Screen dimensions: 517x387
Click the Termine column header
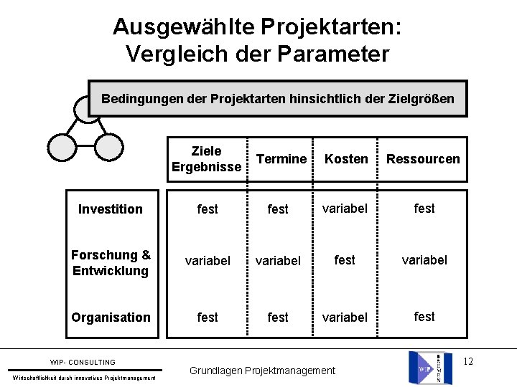(x=281, y=159)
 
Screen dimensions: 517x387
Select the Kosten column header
(x=346, y=159)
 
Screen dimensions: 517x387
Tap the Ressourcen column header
(x=423, y=159)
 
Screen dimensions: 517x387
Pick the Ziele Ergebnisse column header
(x=207, y=159)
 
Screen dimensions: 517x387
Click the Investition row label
(x=111, y=209)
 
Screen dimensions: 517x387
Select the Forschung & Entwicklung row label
(x=111, y=263)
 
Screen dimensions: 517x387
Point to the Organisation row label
(x=111, y=317)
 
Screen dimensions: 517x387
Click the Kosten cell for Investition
(x=345, y=209)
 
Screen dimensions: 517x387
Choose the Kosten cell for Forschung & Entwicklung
(x=345, y=260)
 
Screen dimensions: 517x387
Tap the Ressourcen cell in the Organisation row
(x=424, y=316)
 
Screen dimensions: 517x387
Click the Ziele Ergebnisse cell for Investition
(x=208, y=209)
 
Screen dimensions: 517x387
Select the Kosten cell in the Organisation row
(x=345, y=317)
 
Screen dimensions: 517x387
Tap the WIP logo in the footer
(x=430, y=368)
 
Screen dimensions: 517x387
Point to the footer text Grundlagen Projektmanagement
(x=262, y=371)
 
